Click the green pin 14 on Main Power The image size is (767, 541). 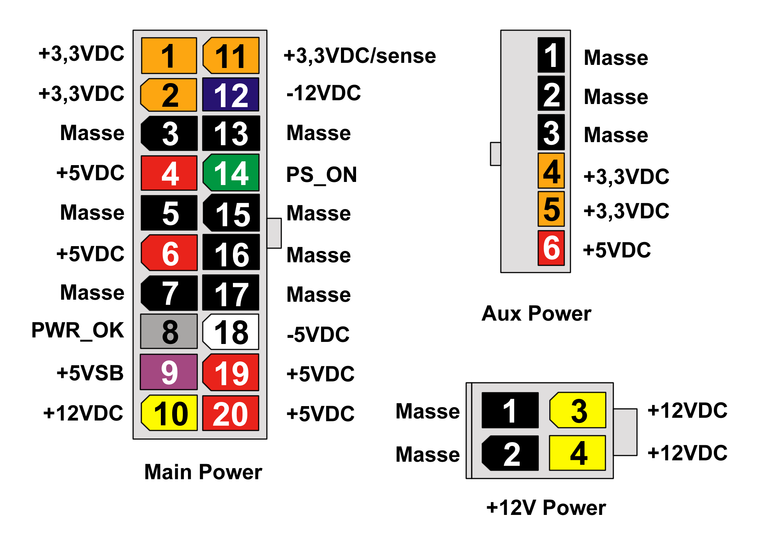(231, 173)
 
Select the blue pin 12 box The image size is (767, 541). (231, 94)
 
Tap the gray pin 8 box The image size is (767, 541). (169, 331)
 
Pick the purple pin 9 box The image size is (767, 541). (169, 372)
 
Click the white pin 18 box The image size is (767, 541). (231, 332)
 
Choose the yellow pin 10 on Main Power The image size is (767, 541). (169, 413)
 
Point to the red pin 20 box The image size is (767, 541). (231, 413)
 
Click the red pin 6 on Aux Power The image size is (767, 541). (551, 248)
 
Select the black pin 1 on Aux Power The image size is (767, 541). (551, 55)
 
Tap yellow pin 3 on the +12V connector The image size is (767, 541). (578, 410)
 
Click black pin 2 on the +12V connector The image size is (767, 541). (510, 453)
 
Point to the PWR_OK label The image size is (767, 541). (78, 331)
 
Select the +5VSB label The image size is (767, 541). (90, 373)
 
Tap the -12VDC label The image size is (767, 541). (324, 93)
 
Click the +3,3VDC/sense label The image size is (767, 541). (360, 56)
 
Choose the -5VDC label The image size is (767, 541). (318, 335)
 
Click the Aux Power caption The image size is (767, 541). (536, 313)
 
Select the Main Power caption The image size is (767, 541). (203, 472)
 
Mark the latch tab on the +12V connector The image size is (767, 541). (625, 432)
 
